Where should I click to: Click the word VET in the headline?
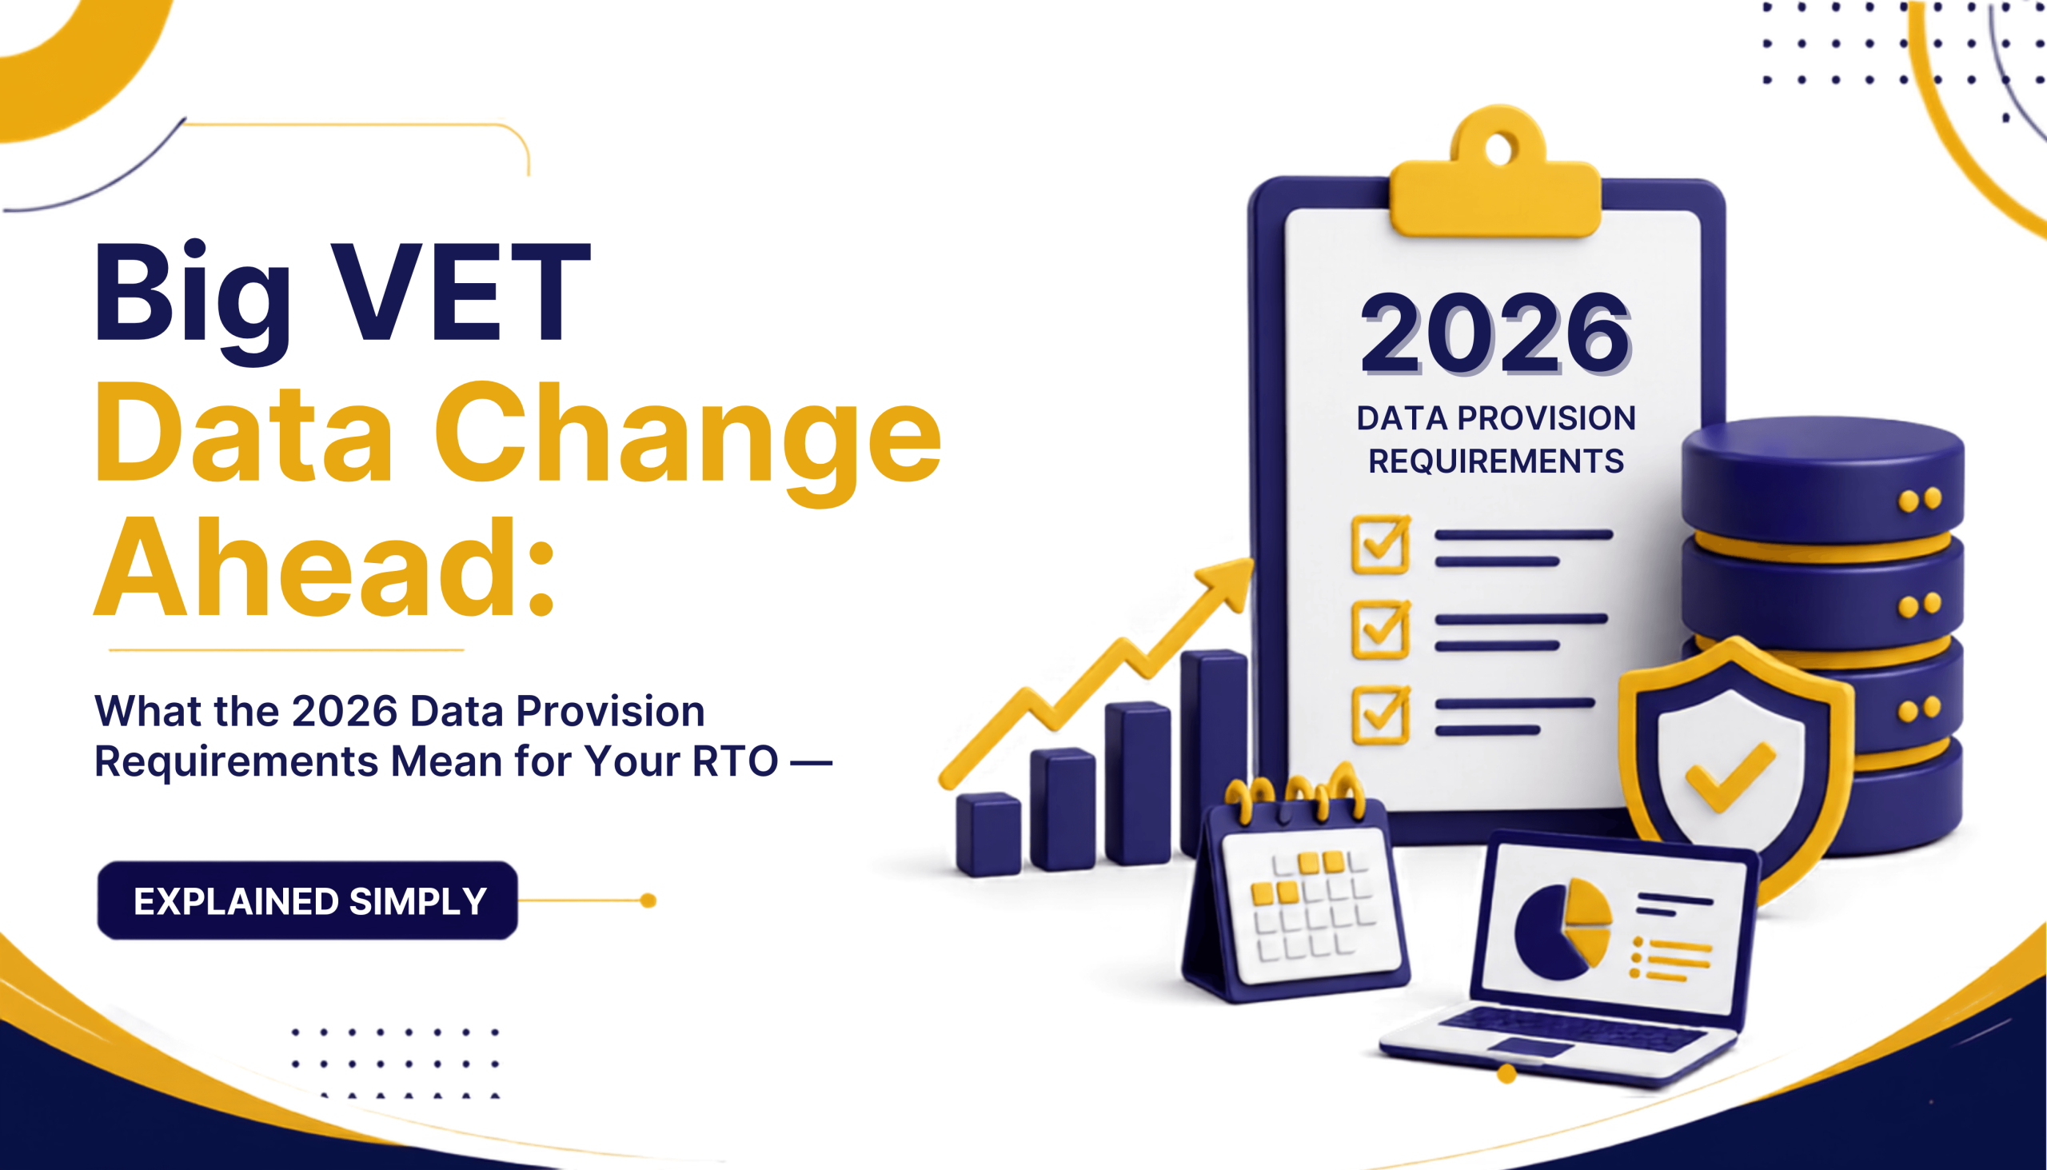461,291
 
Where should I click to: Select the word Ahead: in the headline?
325,567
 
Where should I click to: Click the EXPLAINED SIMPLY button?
308,900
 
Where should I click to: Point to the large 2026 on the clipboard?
1496,333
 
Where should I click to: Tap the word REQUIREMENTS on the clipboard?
1496,461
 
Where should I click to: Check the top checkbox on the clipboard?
1381,545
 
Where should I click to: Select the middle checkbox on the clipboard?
1381,630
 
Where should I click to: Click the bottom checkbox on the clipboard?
1381,715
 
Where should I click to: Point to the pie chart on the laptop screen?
1563,930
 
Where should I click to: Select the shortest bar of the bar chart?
988,834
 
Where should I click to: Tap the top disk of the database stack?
1822,479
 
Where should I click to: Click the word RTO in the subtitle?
735,761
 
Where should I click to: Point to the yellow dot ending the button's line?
648,900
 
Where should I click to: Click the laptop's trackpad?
1530,1047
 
